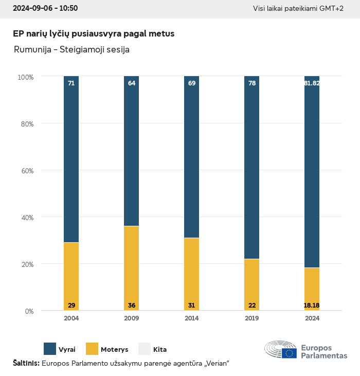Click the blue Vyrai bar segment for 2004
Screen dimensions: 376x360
click(71, 159)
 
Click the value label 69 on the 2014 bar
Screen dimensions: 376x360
click(192, 83)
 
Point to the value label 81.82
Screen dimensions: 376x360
click(312, 83)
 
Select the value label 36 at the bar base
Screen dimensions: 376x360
click(132, 306)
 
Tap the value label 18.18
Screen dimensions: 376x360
click(312, 306)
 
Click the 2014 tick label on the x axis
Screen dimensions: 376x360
click(192, 318)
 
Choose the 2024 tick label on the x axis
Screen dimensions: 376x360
click(312, 318)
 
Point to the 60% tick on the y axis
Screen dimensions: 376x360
click(26, 171)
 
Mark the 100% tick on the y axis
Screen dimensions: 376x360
click(25, 77)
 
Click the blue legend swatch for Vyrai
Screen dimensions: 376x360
click(50, 349)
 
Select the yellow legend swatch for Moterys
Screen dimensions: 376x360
click(92, 349)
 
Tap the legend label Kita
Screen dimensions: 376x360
click(160, 350)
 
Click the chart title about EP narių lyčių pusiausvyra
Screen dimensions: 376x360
click(94, 34)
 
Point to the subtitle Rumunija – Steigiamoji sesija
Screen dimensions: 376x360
click(71, 50)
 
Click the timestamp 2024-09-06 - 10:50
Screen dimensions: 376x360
click(45, 9)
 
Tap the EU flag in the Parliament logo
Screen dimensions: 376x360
click(289, 353)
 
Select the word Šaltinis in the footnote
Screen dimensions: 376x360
click(26, 364)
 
